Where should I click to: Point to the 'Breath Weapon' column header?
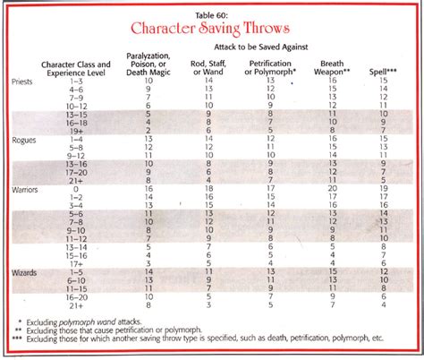click(x=334, y=67)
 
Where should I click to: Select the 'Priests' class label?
click(x=24, y=81)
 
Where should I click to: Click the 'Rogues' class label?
click(x=24, y=141)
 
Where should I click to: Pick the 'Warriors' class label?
click(x=26, y=191)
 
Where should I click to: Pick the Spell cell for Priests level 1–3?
click(x=383, y=81)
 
